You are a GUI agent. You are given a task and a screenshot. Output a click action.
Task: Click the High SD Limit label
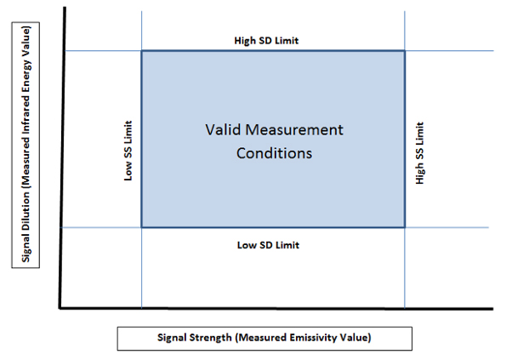266,41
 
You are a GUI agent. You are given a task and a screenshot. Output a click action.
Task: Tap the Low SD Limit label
268,245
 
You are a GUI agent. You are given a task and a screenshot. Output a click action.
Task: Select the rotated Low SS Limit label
128,151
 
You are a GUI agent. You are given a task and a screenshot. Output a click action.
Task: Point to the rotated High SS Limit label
419,153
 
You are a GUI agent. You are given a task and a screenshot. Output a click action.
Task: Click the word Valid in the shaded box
224,130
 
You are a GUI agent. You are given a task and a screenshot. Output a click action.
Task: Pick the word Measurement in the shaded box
294,130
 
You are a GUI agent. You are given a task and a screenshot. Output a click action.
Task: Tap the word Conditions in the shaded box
275,153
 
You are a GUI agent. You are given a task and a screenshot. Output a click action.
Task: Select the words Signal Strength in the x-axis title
195,337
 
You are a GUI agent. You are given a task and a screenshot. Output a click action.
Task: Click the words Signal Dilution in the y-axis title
26,227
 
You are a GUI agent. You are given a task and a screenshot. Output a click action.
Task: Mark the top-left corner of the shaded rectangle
142,51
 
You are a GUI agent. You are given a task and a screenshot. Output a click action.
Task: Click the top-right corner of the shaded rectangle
405,51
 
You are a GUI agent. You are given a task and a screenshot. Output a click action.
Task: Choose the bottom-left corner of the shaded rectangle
142,227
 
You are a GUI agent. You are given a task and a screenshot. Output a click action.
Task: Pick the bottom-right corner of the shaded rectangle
405,227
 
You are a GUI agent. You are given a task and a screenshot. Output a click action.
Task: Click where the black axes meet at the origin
60,308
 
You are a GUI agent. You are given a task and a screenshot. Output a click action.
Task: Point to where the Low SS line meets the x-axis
142,308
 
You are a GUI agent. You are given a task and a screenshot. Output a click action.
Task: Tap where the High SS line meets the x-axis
405,309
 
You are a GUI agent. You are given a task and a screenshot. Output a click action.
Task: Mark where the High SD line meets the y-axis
65,51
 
